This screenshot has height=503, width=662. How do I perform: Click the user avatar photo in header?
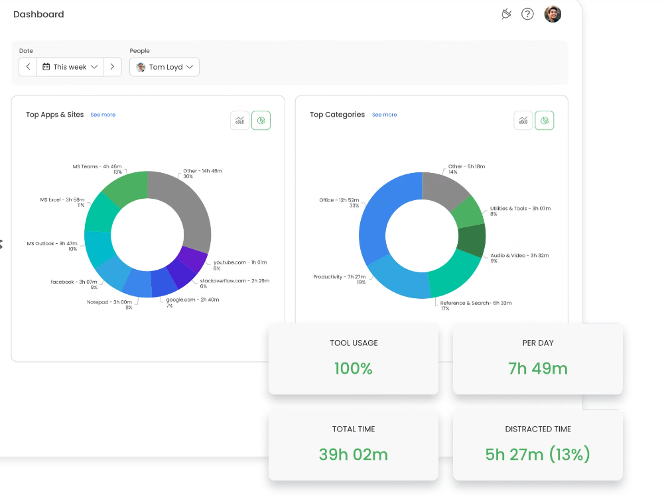point(553,14)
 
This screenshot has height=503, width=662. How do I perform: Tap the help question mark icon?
point(527,14)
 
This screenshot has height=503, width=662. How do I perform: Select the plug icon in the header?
point(507,14)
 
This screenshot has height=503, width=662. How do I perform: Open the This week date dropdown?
point(70,67)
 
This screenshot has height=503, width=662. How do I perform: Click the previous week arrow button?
point(28,67)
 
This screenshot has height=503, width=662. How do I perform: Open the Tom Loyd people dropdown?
point(165,67)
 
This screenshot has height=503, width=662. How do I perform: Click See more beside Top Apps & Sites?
point(103,115)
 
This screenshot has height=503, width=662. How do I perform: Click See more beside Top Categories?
point(384,115)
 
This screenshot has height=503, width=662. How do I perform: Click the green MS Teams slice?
point(127,188)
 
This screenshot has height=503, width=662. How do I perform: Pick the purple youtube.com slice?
point(193,259)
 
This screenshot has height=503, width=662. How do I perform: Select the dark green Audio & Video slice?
point(472,241)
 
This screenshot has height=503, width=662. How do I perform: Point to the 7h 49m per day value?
point(538,368)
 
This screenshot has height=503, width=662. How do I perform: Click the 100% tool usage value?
point(353,368)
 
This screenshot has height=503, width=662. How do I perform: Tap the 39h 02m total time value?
point(353,455)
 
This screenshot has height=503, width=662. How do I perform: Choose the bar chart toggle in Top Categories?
point(523,121)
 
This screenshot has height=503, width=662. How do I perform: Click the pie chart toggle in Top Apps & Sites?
point(261,121)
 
